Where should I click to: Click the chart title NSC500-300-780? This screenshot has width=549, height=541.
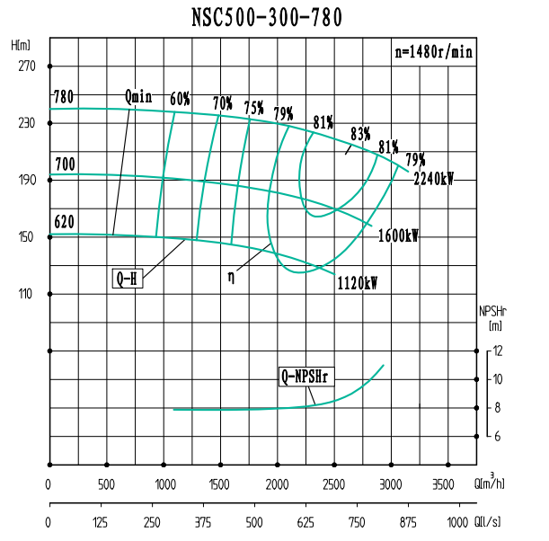click(x=267, y=17)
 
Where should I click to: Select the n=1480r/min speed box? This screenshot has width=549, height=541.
click(x=433, y=51)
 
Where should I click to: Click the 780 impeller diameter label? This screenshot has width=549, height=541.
click(x=63, y=97)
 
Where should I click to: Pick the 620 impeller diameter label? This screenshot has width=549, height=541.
click(x=63, y=220)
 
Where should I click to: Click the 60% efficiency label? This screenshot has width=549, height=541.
click(x=180, y=99)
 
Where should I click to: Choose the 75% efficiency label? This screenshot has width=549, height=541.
click(x=253, y=108)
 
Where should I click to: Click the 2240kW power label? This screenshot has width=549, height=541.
click(x=433, y=179)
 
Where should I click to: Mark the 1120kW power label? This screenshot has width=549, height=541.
click(x=357, y=283)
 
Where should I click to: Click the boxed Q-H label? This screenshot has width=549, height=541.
click(x=127, y=278)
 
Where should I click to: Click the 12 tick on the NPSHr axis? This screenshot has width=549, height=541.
click(x=497, y=350)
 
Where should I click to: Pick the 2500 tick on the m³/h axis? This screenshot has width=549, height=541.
click(x=333, y=484)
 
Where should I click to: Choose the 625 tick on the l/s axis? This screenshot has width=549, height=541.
click(x=305, y=522)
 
